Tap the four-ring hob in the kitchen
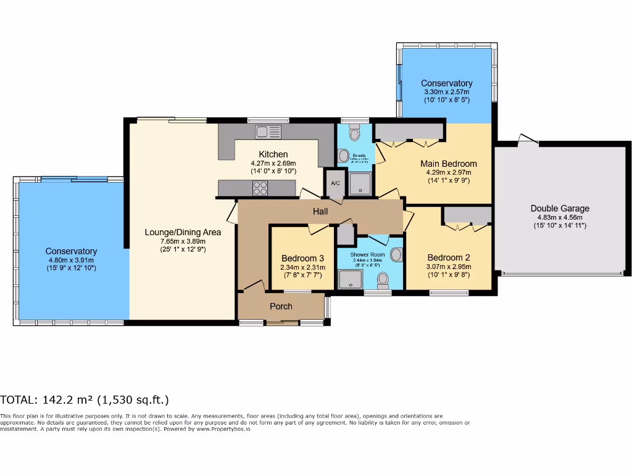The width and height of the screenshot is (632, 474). point(260,188)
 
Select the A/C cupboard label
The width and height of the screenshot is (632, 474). point(335,183)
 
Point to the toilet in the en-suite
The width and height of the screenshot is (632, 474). point(354,133)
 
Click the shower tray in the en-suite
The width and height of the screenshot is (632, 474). point(360,183)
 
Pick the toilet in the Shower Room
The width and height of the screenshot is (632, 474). point(383,281)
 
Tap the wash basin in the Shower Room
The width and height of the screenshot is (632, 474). point(396,254)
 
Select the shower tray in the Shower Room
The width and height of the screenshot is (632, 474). point(350,280)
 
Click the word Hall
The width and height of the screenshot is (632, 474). point(320,212)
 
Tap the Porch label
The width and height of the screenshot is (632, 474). point(281,306)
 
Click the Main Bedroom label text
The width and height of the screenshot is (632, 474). point(449,164)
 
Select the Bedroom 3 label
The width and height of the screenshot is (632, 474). point(302,258)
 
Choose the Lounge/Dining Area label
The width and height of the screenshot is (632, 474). point(183,232)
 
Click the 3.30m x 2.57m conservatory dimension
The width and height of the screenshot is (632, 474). point(446,91)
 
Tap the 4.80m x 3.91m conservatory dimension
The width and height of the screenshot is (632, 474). point(71,260)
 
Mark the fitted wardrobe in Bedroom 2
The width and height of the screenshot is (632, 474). point(467,215)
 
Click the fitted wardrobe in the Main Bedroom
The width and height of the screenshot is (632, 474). point(409,131)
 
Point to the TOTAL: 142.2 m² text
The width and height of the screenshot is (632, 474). point(85,400)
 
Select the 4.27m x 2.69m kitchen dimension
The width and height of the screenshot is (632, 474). point(273,163)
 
